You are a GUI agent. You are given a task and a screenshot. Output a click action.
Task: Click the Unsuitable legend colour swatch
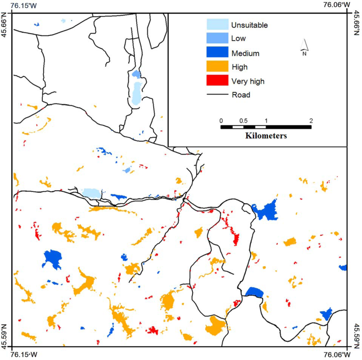(217, 24)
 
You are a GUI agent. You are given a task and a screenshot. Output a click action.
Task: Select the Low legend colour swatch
(217, 38)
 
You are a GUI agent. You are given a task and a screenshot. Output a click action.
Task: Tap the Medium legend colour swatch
(217, 53)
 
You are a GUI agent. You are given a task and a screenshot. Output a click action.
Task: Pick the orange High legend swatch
(217, 67)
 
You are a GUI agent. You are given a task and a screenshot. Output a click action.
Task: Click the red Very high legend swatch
(217, 81)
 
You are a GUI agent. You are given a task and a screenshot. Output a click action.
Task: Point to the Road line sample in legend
(217, 95)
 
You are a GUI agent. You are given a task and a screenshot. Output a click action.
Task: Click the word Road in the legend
(241, 95)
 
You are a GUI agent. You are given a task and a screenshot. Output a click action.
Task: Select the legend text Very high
(248, 81)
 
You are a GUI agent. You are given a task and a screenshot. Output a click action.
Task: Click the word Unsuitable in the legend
(250, 25)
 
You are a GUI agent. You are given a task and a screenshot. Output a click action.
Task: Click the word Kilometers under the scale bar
(266, 136)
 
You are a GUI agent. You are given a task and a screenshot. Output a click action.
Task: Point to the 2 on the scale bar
(311, 120)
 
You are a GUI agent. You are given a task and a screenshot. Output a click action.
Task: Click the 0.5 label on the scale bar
(243, 120)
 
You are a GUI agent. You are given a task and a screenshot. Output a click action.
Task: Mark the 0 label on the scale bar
(221, 120)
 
